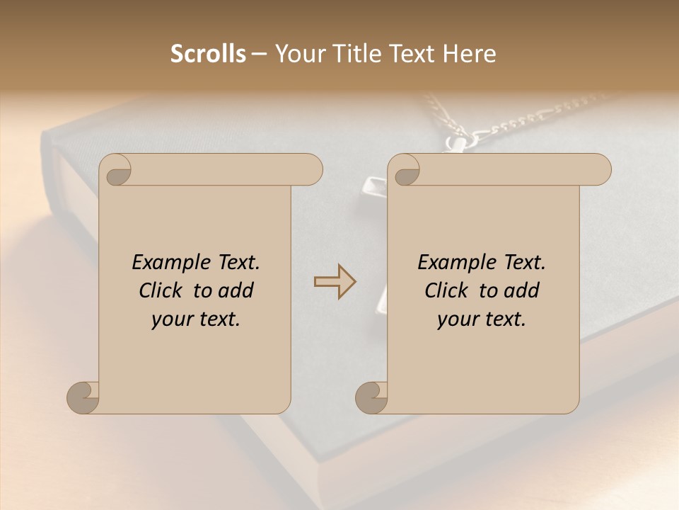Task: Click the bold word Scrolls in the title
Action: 208,54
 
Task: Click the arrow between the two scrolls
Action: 335,282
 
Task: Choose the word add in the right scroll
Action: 521,290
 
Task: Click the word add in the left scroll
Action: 235,290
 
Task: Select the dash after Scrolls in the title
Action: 260,55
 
